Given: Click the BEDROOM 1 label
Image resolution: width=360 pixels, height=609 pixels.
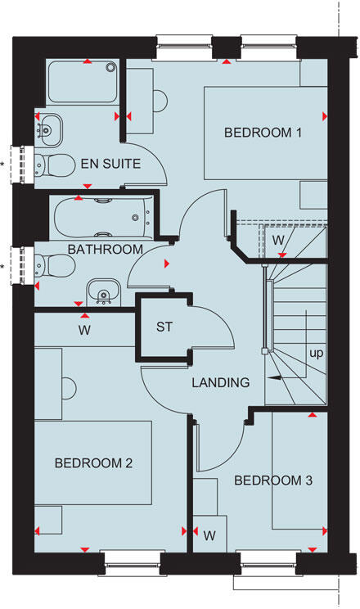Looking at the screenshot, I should (x=258, y=132).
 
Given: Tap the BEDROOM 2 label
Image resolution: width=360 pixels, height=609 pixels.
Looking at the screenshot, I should (x=93, y=463).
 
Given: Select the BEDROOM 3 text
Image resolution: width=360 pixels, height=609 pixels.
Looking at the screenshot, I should (x=273, y=480).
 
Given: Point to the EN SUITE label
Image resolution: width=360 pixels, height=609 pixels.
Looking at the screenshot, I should (x=110, y=164).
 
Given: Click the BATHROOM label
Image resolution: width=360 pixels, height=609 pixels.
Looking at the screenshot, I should (x=106, y=249).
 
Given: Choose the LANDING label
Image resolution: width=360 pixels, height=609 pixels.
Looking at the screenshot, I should (x=220, y=382).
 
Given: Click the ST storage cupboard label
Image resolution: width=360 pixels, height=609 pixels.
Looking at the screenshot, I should (x=164, y=327).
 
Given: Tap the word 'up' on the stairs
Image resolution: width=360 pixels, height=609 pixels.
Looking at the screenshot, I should (x=314, y=354).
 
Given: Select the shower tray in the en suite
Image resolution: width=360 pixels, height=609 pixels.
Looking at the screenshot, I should (x=82, y=82).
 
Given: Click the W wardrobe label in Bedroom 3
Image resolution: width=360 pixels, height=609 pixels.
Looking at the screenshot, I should (x=209, y=536).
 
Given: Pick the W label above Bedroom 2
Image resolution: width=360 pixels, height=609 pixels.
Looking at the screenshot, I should (x=84, y=331).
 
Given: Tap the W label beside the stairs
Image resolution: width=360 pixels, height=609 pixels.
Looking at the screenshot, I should (x=278, y=240).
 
